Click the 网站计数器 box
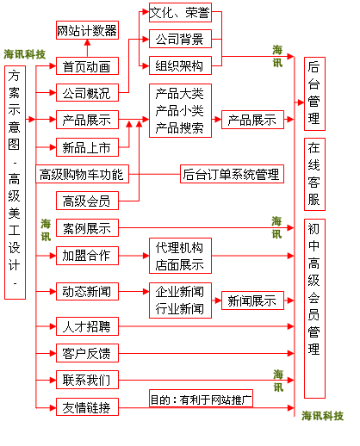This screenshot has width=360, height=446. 86,32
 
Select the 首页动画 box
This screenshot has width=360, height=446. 86,66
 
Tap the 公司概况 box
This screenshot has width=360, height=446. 86,93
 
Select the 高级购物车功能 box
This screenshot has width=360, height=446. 83,175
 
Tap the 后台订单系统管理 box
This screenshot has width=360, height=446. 232,175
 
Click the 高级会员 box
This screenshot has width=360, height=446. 86,201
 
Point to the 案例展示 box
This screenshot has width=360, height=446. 86,228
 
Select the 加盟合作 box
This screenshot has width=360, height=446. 86,255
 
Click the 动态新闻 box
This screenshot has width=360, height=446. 86,291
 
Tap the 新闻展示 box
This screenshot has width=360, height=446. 251,301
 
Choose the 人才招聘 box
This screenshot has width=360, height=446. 86,327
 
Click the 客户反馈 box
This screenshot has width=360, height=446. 86,354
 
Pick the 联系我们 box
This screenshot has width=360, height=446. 86,381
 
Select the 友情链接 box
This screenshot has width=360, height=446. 86,407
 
